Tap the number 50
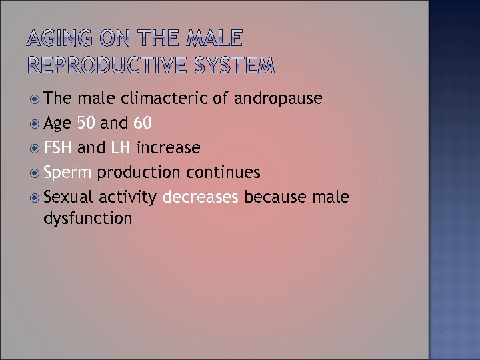coord(86,123)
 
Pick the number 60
coord(142,123)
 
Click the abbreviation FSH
coord(59,147)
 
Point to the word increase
coord(168,147)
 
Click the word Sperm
coord(67,172)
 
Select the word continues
coord(223,172)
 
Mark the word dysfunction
coord(88,218)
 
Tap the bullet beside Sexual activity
coord(35,197)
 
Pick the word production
coord(139,173)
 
